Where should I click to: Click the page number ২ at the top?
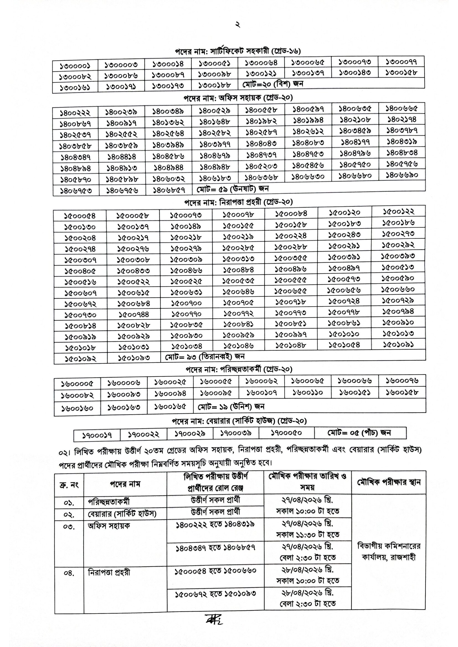[x=238, y=25]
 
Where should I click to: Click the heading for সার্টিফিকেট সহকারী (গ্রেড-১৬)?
[x=238, y=51]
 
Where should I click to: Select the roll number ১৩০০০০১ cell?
[x=75, y=66]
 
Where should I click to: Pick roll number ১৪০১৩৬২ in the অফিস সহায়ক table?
[x=168, y=123]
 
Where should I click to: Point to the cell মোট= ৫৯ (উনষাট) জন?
[x=233, y=189]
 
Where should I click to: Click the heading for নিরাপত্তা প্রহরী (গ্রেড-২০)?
[x=238, y=202]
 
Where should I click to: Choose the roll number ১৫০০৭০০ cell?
[x=186, y=303]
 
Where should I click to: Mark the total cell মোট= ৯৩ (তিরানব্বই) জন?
[x=205, y=357]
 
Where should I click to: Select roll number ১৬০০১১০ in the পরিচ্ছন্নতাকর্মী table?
[x=308, y=392]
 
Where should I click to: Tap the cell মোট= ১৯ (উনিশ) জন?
[x=231, y=406]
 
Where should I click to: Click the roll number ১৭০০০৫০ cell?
[x=286, y=433]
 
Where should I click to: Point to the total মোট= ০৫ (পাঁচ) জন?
[x=359, y=433]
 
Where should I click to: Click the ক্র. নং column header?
[x=69, y=485]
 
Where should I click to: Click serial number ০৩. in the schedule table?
[x=69, y=526]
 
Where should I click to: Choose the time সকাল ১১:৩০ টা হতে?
[x=308, y=534]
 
